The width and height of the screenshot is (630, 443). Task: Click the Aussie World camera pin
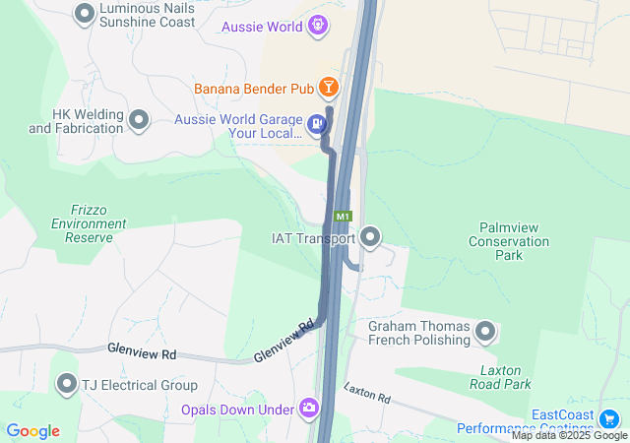coord(318,27)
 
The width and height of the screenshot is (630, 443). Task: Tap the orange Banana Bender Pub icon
coord(329,89)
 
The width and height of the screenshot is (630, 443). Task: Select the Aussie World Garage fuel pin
coord(316,123)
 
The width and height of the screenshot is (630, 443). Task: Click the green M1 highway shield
coord(343,216)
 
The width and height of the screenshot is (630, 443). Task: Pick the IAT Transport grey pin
coord(371,236)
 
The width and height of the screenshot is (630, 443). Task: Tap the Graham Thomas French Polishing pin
coord(485,332)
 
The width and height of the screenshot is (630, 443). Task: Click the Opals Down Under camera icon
coord(309,408)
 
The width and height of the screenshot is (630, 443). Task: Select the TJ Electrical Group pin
coord(67,383)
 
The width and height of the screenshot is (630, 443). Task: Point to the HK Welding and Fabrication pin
coord(139,120)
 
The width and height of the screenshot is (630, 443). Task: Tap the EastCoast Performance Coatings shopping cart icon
coord(609,418)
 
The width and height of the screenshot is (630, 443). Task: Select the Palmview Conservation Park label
coord(508,241)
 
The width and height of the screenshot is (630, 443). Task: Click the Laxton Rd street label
coord(367,393)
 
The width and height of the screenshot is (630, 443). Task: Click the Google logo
coord(32,431)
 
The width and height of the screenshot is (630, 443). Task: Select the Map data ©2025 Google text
coord(569,435)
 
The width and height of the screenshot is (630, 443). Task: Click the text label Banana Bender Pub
coord(253,89)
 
